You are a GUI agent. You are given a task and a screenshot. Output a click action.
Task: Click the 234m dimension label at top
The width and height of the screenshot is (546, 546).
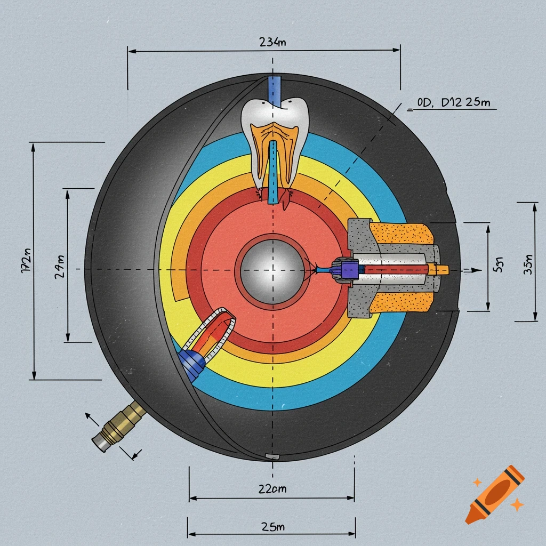click(x=272, y=43)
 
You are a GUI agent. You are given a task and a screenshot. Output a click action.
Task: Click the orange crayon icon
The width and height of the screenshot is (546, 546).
click(x=494, y=494)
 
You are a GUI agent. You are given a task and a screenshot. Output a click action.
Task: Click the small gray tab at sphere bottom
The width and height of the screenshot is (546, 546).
click(x=272, y=456)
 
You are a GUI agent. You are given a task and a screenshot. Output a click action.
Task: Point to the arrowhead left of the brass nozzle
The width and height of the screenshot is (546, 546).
click(x=89, y=416)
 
